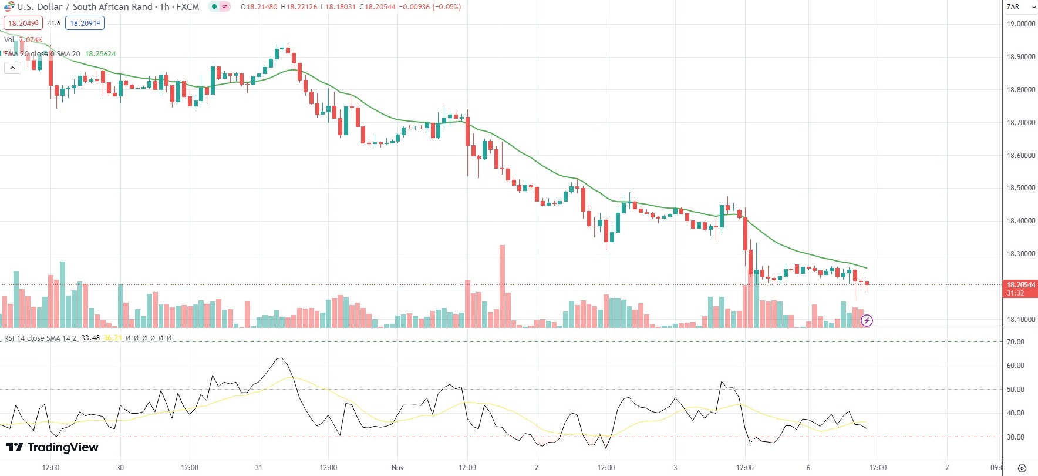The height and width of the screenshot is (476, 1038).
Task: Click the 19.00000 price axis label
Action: [1020, 24]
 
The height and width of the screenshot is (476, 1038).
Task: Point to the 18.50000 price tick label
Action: [1020, 188]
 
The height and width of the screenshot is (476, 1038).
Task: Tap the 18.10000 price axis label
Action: [1020, 320]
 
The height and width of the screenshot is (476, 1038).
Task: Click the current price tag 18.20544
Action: [1021, 285]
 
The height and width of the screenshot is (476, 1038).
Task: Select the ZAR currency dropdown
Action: [1020, 7]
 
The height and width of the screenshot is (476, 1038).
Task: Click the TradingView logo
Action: [52, 447]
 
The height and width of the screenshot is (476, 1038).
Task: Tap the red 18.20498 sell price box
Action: [23, 24]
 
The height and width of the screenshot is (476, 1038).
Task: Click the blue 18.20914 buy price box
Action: [85, 24]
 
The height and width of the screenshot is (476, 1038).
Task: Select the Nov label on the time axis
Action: [397, 468]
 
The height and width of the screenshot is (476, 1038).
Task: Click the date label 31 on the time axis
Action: [259, 468]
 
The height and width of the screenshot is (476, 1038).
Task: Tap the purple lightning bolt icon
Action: [867, 320]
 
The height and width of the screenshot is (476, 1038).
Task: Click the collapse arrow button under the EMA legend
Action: [12, 68]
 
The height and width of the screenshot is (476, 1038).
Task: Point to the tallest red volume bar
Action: [502, 282]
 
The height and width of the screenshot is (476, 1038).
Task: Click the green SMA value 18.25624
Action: [100, 54]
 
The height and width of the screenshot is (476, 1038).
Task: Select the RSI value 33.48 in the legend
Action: [90, 338]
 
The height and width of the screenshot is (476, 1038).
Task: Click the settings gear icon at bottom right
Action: [1022, 468]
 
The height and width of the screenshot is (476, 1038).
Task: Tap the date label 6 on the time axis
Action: [808, 468]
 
